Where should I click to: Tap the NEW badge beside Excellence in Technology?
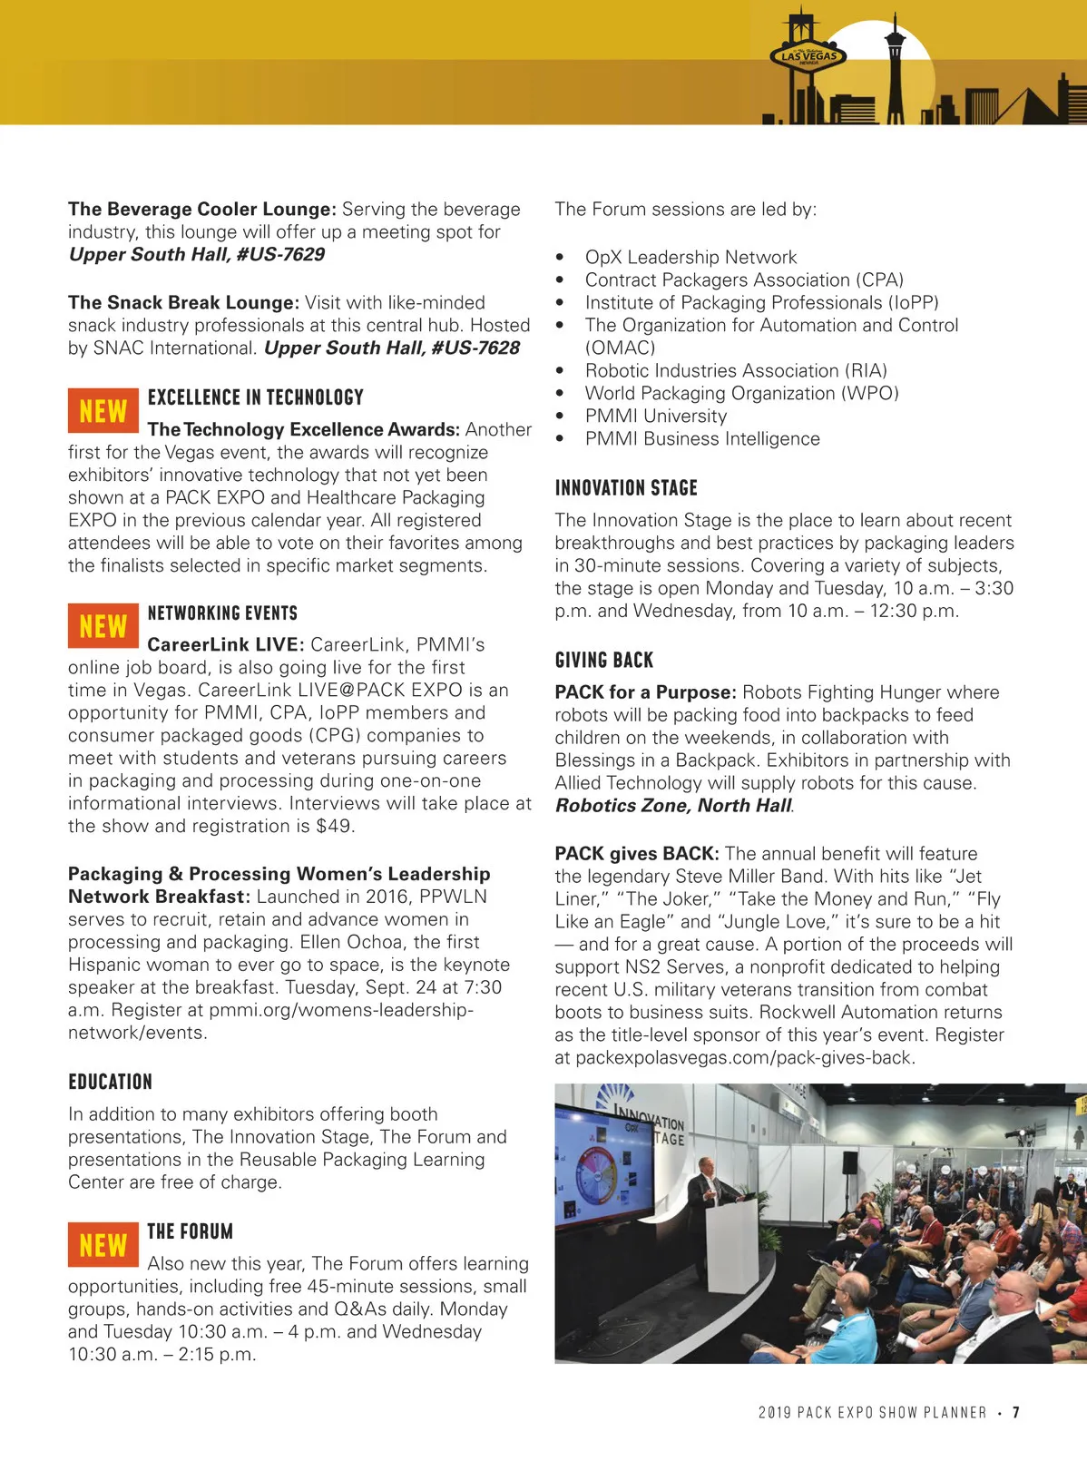tap(103, 411)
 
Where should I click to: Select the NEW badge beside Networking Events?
tap(103, 626)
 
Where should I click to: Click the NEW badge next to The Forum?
tap(103, 1245)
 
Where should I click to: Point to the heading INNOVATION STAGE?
tap(626, 488)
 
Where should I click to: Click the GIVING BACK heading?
tap(604, 661)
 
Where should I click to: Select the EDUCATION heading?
tap(111, 1082)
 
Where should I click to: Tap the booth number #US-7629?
tap(280, 255)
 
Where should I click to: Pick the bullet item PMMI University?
tap(656, 417)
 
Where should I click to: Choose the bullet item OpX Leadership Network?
tap(690, 258)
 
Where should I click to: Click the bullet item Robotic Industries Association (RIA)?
tap(736, 371)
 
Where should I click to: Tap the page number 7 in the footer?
tap(1016, 1413)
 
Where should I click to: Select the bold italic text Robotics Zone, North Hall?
tap(673, 806)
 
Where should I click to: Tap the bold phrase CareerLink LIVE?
tap(225, 645)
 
